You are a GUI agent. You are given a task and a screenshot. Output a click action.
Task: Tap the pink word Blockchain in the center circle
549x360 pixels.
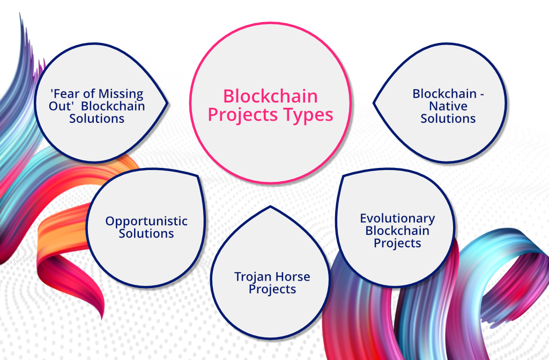pos(270,96)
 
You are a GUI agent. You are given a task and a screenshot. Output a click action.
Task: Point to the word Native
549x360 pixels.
pos(448,106)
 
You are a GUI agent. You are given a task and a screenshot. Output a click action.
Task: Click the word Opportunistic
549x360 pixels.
pos(146,221)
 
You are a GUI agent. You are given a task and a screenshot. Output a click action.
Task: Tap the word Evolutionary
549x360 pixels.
pos(397,218)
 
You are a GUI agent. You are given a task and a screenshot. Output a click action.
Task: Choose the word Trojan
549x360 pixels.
pos(253,277)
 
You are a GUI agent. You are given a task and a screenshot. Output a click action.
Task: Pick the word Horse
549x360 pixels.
pos(292,277)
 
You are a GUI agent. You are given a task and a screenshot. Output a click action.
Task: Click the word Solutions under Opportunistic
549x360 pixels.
pos(146,233)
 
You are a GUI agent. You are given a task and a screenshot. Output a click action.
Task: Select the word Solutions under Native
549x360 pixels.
pos(448,119)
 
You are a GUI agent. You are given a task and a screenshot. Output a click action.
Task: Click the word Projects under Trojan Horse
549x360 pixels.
pos(272,290)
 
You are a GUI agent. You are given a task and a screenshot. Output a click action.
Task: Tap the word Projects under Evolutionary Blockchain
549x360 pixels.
pos(397,243)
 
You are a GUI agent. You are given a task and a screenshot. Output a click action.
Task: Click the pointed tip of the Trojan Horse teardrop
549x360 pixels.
pos(270,207)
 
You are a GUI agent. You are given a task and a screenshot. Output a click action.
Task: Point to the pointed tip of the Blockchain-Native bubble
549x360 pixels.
pos(374,103)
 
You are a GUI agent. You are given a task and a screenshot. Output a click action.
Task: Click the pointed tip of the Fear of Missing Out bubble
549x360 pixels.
pos(167,103)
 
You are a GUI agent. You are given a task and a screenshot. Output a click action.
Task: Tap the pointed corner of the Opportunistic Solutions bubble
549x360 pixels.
pos(198,175)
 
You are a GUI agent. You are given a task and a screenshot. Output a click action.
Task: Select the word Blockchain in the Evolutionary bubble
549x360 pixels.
pos(397,231)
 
